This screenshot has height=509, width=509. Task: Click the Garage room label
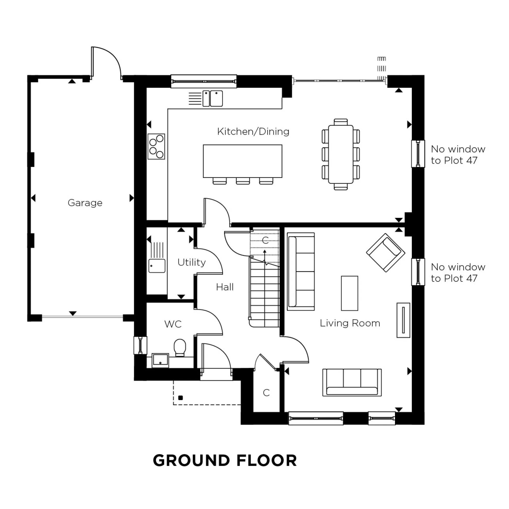pos(85,203)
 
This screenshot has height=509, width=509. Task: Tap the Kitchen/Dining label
pos(253,132)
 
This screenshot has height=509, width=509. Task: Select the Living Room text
pos(350,323)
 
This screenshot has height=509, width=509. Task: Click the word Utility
pos(191,262)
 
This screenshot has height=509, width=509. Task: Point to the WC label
pos(173,324)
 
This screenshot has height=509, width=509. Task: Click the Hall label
pos(224,287)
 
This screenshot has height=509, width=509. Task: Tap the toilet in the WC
pos(180,347)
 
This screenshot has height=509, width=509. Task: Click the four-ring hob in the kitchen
pos(156,147)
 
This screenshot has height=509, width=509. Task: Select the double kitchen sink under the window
pos(213,98)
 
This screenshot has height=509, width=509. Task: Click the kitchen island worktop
pos(242,161)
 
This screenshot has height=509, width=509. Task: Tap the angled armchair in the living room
pos(385,252)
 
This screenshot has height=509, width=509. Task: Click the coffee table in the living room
pos(349,293)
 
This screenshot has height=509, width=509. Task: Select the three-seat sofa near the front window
pos(352,382)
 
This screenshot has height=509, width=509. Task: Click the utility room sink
pos(157,265)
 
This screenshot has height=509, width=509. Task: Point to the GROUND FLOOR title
pos(225,460)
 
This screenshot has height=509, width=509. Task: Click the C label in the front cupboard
pos(266,392)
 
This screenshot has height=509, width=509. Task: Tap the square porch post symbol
pos(180,398)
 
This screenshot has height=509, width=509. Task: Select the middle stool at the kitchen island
pos(243,181)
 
